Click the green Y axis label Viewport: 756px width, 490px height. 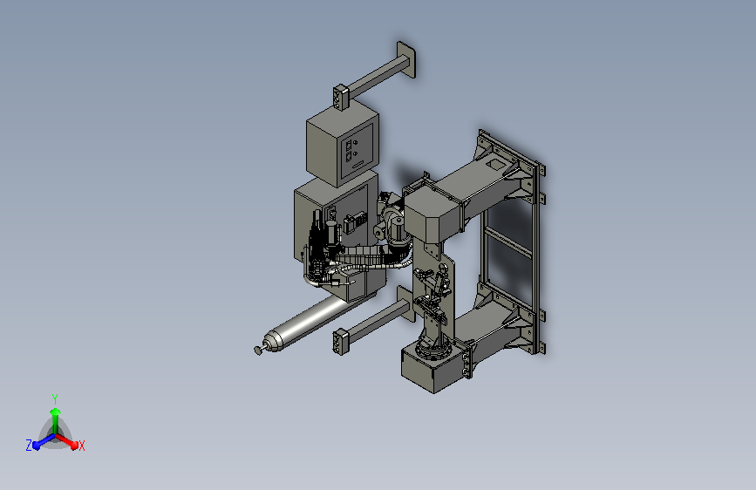[x=55, y=398]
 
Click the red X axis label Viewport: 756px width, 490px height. [x=81, y=446]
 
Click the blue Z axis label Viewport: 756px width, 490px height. [x=29, y=446]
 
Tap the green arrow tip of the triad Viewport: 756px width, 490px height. [x=56, y=412]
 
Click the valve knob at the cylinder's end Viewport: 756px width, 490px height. [x=258, y=350]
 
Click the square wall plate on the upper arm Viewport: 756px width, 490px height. [x=406, y=60]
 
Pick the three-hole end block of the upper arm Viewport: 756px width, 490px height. [x=340, y=98]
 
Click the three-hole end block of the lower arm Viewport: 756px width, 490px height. [x=340, y=342]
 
